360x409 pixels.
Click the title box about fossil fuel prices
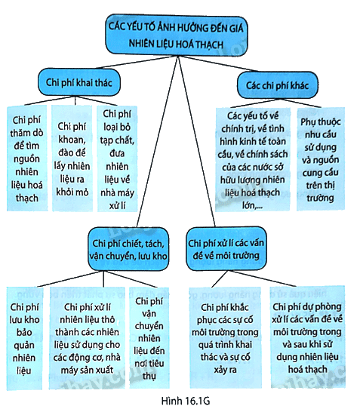[177, 35]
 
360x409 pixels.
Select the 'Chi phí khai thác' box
[79, 82]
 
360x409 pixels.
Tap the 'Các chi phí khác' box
[278, 85]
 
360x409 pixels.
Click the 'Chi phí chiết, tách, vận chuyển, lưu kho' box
[128, 249]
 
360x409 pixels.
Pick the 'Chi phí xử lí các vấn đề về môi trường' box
[226, 249]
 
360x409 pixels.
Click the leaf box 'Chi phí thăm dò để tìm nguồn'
[27, 158]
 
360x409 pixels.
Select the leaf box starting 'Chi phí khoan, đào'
[72, 158]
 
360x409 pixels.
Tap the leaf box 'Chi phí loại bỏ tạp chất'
[117, 158]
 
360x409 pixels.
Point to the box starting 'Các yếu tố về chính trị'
[253, 159]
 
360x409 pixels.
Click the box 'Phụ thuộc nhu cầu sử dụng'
[321, 159]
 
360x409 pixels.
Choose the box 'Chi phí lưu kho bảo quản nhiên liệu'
[24, 338]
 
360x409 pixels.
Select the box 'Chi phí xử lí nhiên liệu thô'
[87, 338]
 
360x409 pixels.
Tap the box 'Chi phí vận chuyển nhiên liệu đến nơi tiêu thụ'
[149, 338]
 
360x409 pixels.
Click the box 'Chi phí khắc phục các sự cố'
[225, 338]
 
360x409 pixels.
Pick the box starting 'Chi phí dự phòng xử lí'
[308, 337]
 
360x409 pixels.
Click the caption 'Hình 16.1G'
[186, 401]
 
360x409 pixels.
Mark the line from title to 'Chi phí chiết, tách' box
[158, 142]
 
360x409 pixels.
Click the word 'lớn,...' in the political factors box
[252, 205]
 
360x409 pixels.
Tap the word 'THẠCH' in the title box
[210, 44]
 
